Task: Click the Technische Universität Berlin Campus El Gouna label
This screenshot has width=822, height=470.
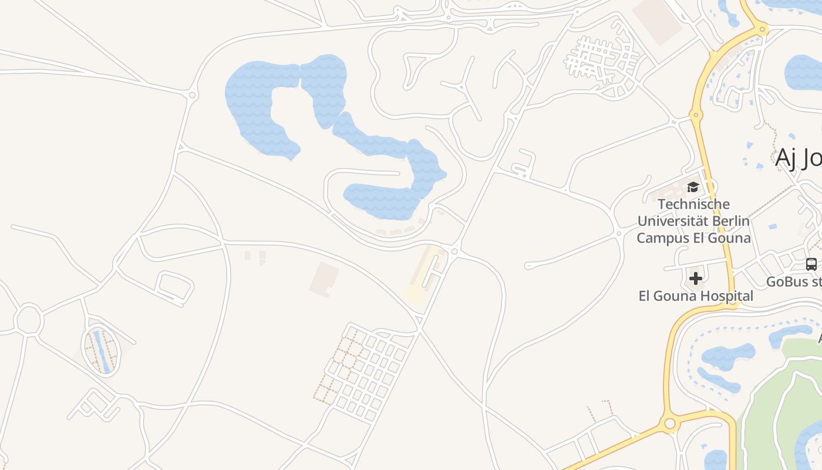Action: [693, 221]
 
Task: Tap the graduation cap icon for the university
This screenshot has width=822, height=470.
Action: [693, 187]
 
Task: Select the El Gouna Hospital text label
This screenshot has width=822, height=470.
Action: [696, 296]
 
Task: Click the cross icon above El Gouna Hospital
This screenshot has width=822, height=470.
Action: [696, 278]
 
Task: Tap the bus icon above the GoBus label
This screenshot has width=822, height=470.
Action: [811, 264]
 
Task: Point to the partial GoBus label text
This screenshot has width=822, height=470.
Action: [793, 281]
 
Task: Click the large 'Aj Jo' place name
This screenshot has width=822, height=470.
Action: [797, 157]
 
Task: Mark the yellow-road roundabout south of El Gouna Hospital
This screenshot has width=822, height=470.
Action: [669, 424]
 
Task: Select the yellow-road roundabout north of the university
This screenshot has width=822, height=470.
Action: [697, 115]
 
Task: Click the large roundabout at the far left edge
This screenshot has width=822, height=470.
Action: [28, 320]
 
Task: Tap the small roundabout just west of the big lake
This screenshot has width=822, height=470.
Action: [193, 94]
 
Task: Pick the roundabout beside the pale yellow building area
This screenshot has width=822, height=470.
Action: [454, 251]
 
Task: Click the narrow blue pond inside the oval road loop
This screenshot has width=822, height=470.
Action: [101, 351]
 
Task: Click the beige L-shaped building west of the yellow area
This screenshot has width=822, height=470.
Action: [324, 278]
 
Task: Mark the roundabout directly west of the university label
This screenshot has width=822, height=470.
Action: [619, 233]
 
